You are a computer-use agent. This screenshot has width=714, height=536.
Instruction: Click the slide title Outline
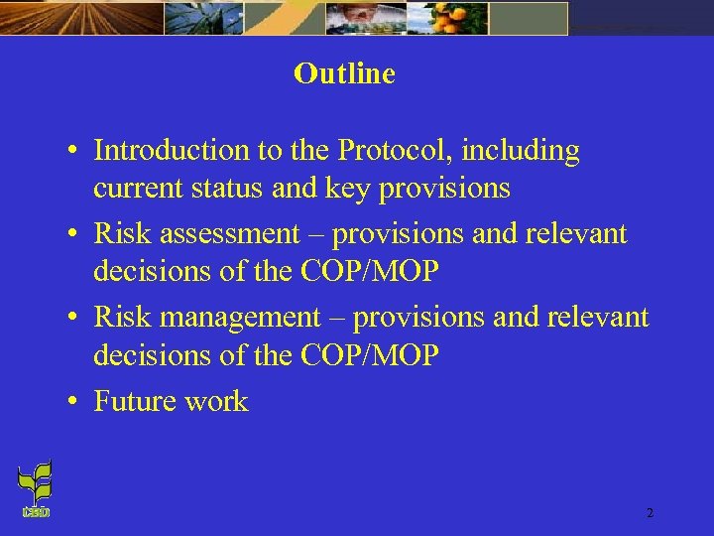(x=344, y=74)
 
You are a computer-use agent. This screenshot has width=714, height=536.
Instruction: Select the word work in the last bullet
(x=219, y=401)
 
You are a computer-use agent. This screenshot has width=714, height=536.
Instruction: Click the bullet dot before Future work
(x=74, y=403)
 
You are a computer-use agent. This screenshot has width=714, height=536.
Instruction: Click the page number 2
(x=650, y=513)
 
